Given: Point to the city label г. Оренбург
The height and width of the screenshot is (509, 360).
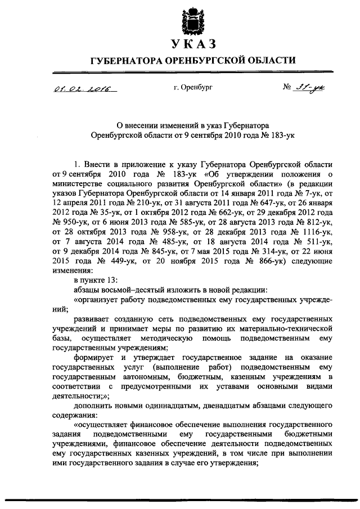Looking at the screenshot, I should point(193,88).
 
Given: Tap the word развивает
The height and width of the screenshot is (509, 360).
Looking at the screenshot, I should point(93,318).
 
